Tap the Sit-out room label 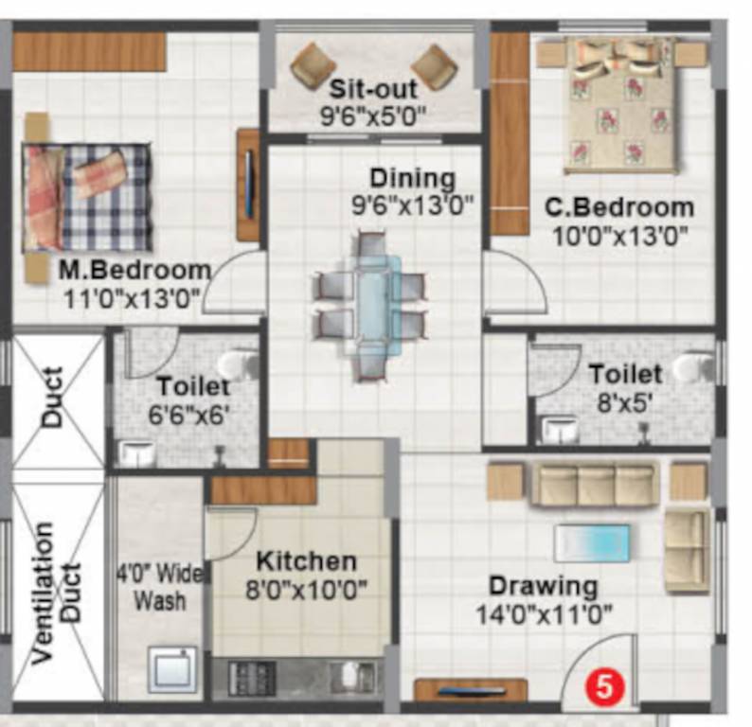pyautogui.click(x=374, y=91)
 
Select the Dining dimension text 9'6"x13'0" pyautogui.click(x=413, y=205)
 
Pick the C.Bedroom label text pyautogui.click(x=619, y=207)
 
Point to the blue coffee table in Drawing pyautogui.click(x=592, y=542)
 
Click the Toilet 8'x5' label pyautogui.click(x=624, y=373)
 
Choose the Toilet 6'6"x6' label pyautogui.click(x=193, y=386)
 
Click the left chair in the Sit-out pyautogui.click(x=313, y=65)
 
